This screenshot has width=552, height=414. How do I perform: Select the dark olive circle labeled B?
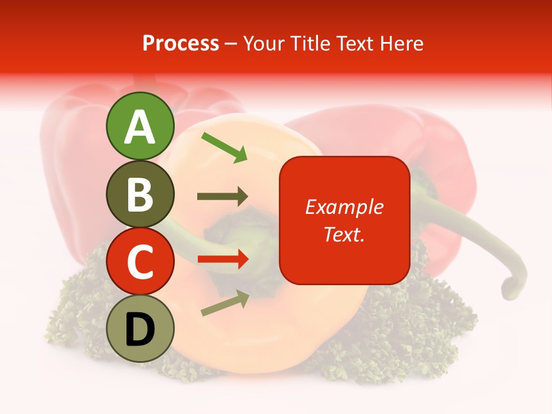click(x=140, y=194)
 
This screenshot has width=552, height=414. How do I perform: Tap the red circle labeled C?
click(x=140, y=261)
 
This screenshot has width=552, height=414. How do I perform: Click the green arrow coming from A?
click(x=224, y=147)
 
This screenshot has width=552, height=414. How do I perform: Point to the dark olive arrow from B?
click(x=223, y=197)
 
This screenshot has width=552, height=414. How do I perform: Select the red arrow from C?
click(x=223, y=259)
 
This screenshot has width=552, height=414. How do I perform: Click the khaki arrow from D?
click(x=225, y=303)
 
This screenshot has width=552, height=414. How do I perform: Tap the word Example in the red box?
click(x=344, y=207)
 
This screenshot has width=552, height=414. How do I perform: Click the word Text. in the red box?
click(x=344, y=234)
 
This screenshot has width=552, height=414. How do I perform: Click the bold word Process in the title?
click(x=181, y=43)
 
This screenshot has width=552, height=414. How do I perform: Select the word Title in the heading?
click(x=308, y=43)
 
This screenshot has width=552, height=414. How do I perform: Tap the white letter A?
click(x=140, y=126)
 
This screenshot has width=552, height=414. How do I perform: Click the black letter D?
click(x=140, y=329)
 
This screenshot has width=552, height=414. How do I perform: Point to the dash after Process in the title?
click(x=231, y=44)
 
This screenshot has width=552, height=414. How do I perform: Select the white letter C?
click(x=140, y=262)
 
